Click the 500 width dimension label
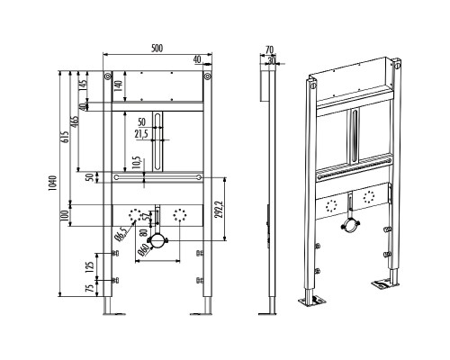click(157, 48)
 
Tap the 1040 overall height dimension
click(52, 184)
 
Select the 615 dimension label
click(67, 137)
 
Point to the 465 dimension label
click(76, 122)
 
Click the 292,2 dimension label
click(220, 209)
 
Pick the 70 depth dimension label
click(269, 49)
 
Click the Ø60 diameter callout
click(144, 249)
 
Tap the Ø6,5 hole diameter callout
click(122, 233)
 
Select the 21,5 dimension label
click(141, 134)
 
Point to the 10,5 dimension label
click(137, 163)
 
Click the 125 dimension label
click(90, 266)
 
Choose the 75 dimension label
click(90, 289)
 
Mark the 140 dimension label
click(119, 86)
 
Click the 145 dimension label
click(83, 84)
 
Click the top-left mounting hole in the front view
click(107, 76)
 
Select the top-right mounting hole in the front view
click(207, 76)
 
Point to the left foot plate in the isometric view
click(312, 301)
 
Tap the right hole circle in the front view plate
click(180, 215)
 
